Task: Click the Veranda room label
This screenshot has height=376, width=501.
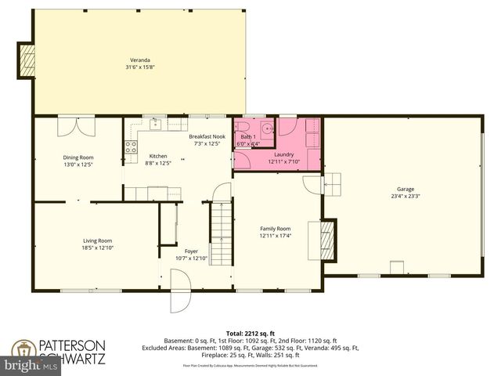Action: click(x=140, y=60)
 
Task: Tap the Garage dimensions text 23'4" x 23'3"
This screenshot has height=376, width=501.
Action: click(x=405, y=196)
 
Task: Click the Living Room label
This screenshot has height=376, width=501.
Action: click(x=98, y=240)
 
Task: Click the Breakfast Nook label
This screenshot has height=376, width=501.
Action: click(x=207, y=137)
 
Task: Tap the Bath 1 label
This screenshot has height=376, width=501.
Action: click(x=248, y=137)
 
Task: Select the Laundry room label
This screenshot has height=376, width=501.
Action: click(x=283, y=155)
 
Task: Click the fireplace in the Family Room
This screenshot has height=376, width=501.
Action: click(x=327, y=241)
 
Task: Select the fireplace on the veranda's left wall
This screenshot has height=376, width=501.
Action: click(x=27, y=60)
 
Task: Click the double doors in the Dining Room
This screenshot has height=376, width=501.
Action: click(x=77, y=126)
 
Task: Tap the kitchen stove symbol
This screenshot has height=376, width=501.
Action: click(x=131, y=146)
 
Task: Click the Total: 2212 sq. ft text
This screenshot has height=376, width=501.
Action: click(x=250, y=333)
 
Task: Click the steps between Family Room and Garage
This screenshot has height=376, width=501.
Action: click(x=332, y=183)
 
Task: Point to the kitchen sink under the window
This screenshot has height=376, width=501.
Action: click(x=154, y=124)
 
